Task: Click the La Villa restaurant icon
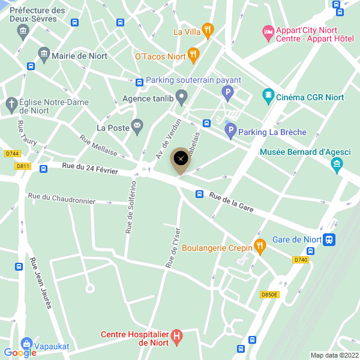pyautogui.click(x=208, y=30)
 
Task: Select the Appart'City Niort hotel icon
pyautogui.click(x=268, y=31)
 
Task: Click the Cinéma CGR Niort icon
pyautogui.click(x=268, y=95)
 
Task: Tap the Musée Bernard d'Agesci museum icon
pyautogui.click(x=337, y=164)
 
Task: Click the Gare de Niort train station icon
pyautogui.click(x=329, y=239)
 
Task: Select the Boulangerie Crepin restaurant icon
pyautogui.click(x=259, y=245)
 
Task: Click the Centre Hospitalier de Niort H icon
pyautogui.click(x=177, y=338)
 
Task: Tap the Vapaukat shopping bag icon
pyautogui.click(x=26, y=343)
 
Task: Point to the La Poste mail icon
pyautogui.click(x=137, y=127)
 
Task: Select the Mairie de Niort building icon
pyautogui.click(x=44, y=55)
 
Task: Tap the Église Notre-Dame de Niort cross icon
pyautogui.click(x=11, y=105)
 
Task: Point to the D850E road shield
pyautogui.click(x=269, y=295)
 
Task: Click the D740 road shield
pyautogui.click(x=301, y=260)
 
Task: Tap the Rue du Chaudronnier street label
pyautogui.click(x=61, y=199)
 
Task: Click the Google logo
pyautogui.click(x=19, y=353)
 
